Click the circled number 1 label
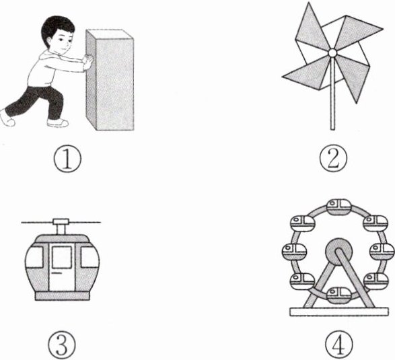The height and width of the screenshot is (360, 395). (x=67, y=159)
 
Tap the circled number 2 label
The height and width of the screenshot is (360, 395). (x=333, y=158)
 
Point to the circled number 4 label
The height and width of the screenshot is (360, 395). (x=339, y=344)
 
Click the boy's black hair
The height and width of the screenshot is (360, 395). (x=57, y=26)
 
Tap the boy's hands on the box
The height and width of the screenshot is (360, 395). (x=88, y=62)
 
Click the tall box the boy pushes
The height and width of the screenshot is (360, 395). (x=110, y=80)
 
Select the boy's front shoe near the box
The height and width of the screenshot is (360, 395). (x=58, y=123)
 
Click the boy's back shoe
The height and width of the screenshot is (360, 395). (x=7, y=118)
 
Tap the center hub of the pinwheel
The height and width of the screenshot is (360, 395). (x=332, y=53)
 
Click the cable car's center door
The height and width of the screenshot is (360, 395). (x=62, y=268)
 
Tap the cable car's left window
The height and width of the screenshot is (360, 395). (x=34, y=257)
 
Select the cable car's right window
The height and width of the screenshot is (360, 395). (x=89, y=257)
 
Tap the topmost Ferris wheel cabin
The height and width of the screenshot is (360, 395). (x=339, y=207)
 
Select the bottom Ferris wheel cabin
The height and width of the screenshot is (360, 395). (x=338, y=295)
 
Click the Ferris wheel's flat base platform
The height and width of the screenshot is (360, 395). (x=339, y=312)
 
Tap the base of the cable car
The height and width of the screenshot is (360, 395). (x=62, y=296)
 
